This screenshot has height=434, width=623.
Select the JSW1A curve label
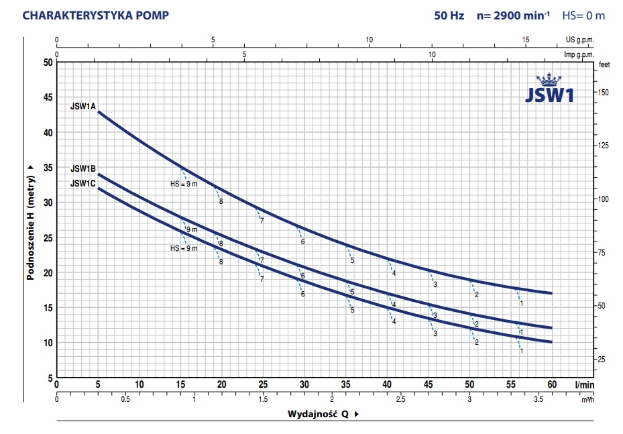(x=84, y=106)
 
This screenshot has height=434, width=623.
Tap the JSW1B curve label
(x=84, y=168)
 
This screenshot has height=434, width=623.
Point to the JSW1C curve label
(x=84, y=182)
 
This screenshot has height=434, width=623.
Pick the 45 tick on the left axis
(x=47, y=97)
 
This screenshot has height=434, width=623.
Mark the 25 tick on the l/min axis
(x=263, y=384)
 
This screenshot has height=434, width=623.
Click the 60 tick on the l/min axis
(x=553, y=384)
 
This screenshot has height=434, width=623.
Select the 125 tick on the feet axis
(x=603, y=146)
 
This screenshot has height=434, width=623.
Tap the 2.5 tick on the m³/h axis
(x=400, y=399)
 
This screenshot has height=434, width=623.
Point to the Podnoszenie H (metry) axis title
(x=31, y=222)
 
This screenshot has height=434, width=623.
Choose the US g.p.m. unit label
(x=581, y=40)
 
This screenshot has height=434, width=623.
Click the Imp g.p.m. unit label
(x=579, y=54)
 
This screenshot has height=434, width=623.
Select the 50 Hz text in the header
(x=449, y=15)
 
